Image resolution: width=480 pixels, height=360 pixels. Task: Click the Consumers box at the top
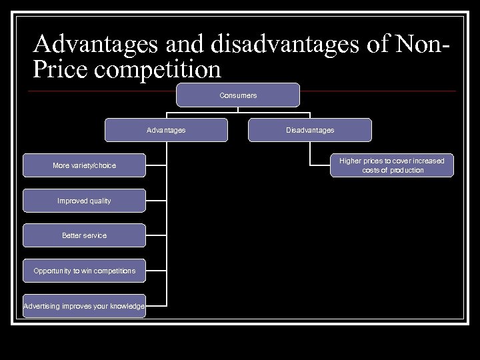click(238, 95)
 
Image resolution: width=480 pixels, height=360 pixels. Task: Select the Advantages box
click(166, 130)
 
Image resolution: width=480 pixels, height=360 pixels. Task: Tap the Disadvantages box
click(310, 130)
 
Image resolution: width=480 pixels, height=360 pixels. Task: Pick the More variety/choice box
click(84, 165)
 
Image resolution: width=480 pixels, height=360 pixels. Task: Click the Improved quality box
click(84, 201)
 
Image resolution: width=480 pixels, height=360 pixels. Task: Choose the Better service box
click(84, 235)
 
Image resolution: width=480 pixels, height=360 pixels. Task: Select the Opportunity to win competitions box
click(84, 271)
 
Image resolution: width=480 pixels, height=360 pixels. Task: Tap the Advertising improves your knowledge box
click(84, 306)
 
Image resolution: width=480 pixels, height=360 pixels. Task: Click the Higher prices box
click(392, 165)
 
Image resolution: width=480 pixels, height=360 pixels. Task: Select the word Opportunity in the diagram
click(54, 271)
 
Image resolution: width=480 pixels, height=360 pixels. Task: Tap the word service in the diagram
click(95, 235)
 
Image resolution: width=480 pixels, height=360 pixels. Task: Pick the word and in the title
click(185, 45)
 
